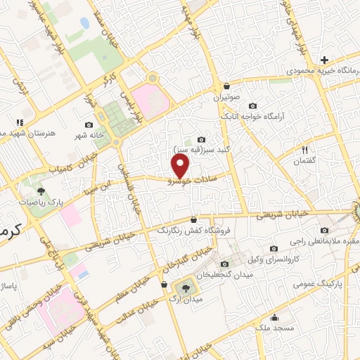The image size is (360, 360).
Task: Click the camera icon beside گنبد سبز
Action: point(202,139)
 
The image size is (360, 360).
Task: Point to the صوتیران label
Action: point(227,96)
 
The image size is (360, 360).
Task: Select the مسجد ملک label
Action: point(271,328)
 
